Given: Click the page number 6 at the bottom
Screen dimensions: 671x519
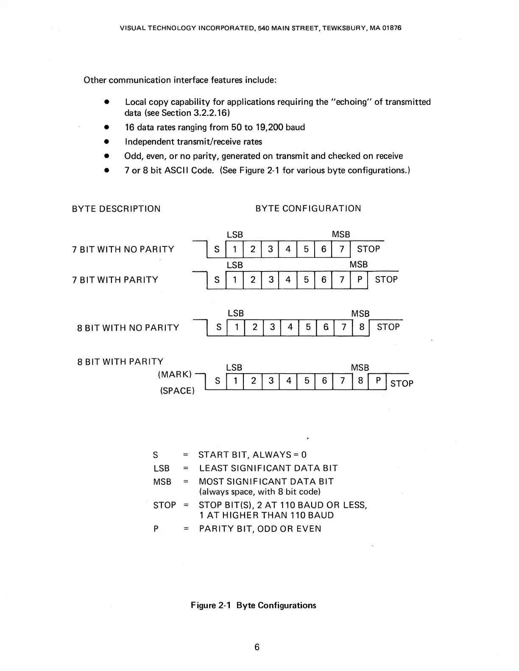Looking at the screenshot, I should click(x=257, y=647).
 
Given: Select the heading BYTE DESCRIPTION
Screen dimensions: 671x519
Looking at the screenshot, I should click(x=116, y=209).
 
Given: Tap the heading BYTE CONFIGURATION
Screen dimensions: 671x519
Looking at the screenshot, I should click(x=308, y=208).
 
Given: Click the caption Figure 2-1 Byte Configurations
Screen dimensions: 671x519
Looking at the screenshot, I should click(x=254, y=605).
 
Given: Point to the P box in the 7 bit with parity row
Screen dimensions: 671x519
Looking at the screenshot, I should click(x=359, y=280).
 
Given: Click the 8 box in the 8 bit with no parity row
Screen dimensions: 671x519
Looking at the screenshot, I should click(x=361, y=327).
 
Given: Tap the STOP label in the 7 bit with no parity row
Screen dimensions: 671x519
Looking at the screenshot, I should click(x=368, y=249).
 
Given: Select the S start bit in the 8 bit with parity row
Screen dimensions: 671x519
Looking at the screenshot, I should click(x=218, y=381).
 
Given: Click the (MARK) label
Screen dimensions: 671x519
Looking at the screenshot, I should click(x=175, y=375).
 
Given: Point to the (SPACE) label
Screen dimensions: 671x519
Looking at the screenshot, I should click(x=177, y=391).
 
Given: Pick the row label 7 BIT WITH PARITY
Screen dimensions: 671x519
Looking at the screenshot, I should click(x=115, y=280).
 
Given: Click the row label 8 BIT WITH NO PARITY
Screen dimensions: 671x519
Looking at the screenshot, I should click(x=128, y=328).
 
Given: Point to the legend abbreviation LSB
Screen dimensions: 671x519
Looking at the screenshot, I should click(x=162, y=468).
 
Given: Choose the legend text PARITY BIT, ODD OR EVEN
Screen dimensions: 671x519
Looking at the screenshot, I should click(x=260, y=529).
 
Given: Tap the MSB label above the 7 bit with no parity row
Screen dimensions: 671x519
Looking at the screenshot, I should click(x=341, y=235).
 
